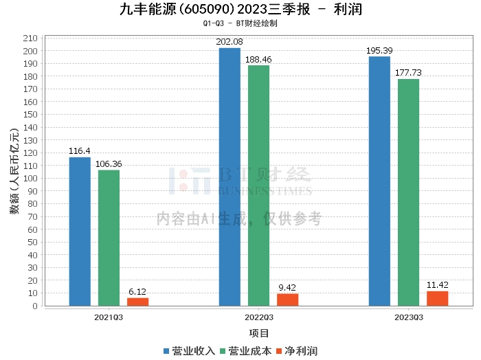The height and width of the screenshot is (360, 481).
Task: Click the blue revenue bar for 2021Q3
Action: [80, 232]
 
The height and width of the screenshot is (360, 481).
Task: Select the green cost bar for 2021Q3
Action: [109, 238]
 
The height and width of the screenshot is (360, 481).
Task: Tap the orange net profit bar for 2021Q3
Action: [137, 302]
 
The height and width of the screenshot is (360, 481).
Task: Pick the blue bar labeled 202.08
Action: [230, 177]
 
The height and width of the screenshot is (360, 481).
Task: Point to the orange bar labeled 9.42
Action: [287, 300]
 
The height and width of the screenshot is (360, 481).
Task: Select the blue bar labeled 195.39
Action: [379, 181]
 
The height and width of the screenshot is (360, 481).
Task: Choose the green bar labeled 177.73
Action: [408, 192]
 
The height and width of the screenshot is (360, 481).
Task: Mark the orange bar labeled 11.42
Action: [437, 298]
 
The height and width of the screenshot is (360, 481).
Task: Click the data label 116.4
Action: [80, 151]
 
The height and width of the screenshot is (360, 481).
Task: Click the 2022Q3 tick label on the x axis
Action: [258, 317]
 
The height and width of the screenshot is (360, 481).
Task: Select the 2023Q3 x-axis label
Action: [408, 317]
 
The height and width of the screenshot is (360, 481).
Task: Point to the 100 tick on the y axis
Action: [32, 179]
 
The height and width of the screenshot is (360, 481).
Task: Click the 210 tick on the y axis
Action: [32, 38]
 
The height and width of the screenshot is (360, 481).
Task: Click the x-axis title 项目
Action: [259, 333]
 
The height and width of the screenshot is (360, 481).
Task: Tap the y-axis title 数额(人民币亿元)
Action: [14, 172]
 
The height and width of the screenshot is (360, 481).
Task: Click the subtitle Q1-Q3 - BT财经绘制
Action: [240, 23]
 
